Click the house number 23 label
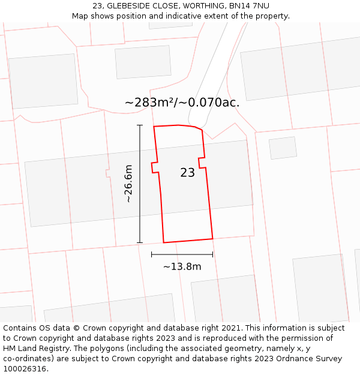(x=187, y=173)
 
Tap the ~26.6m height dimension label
(x=128, y=184)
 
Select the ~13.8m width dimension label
(x=182, y=266)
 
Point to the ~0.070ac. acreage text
(x=214, y=103)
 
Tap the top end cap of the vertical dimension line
(x=140, y=125)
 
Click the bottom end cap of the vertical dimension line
(x=140, y=243)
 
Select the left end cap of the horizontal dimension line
(x=152, y=254)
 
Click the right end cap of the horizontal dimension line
(x=213, y=254)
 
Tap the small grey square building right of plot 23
(x=283, y=148)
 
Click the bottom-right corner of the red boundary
(x=213, y=239)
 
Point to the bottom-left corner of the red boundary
(x=164, y=243)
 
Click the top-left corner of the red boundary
(x=154, y=127)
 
